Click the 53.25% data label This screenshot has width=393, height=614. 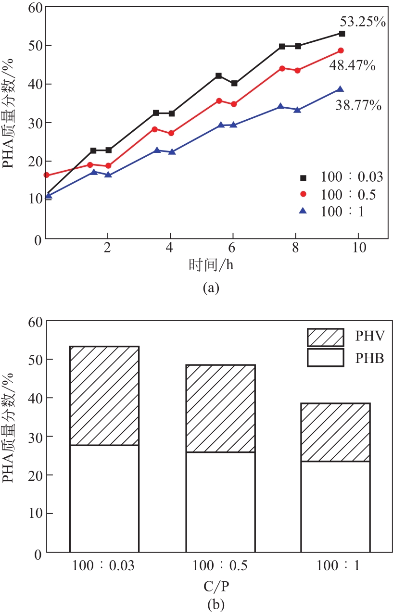pyautogui.click(x=363, y=22)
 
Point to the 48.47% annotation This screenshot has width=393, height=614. pyautogui.click(x=352, y=65)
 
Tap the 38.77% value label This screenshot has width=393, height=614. pyautogui.click(x=358, y=105)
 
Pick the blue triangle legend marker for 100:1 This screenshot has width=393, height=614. pyautogui.click(x=304, y=211)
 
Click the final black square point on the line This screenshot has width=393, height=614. pyautogui.click(x=342, y=33)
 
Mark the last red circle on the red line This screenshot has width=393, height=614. pyautogui.click(x=341, y=50)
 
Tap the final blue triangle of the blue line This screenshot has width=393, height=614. pyautogui.click(x=340, y=89)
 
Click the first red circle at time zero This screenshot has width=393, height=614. pyautogui.click(x=46, y=175)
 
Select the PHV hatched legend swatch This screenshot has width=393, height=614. pyautogui.click(x=325, y=338)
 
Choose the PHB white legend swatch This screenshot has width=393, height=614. pyautogui.click(x=325, y=358)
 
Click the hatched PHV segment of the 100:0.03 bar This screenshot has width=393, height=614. pyautogui.click(x=104, y=396)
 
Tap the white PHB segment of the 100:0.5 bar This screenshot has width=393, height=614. pyautogui.click(x=220, y=501)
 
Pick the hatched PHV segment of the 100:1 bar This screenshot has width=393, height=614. pyautogui.click(x=335, y=432)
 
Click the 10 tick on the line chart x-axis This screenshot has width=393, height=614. pyautogui.click(x=358, y=247)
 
